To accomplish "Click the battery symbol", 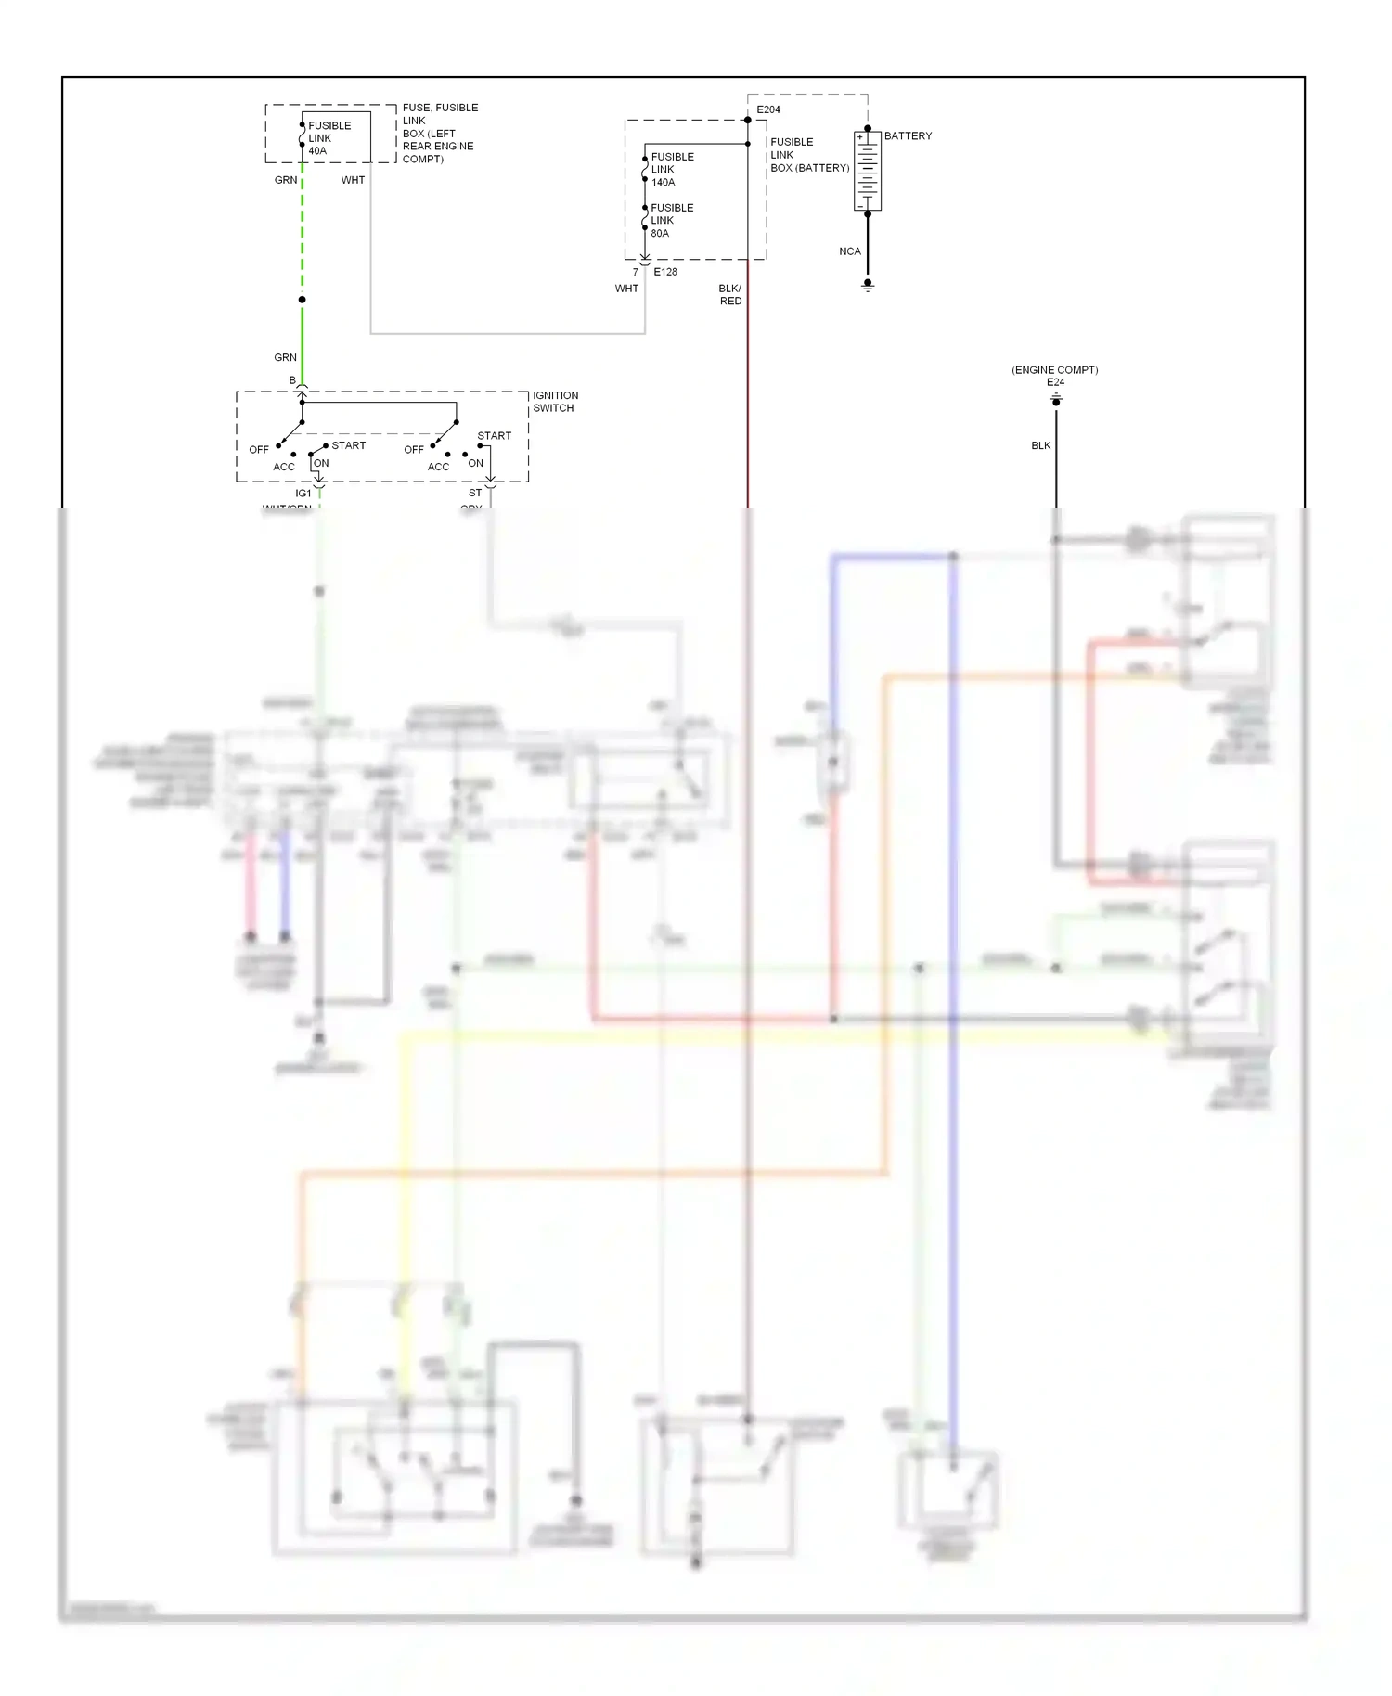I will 867,171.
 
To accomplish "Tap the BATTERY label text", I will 908,135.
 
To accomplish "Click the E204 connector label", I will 768,109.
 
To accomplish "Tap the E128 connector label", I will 665,272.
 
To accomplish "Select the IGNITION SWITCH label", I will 555,402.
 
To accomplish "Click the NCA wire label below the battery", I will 849,251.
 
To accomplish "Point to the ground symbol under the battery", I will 868,287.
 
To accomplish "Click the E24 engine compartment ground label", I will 1055,382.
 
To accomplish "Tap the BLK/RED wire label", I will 730,295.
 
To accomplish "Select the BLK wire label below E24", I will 1040,445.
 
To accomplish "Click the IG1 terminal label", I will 303,494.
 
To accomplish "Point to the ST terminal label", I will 475,494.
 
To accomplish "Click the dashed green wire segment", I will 303,232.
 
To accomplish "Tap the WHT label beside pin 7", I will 626,289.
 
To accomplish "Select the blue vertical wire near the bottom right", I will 953,1206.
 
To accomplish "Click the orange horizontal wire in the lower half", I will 594,1174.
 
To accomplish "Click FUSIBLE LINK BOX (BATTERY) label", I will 808,155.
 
